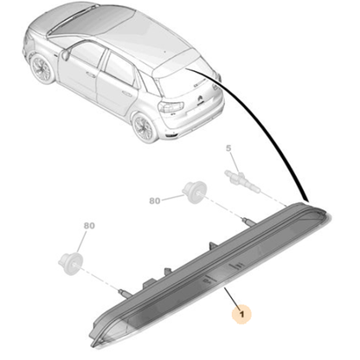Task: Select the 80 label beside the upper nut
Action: click(156, 200)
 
